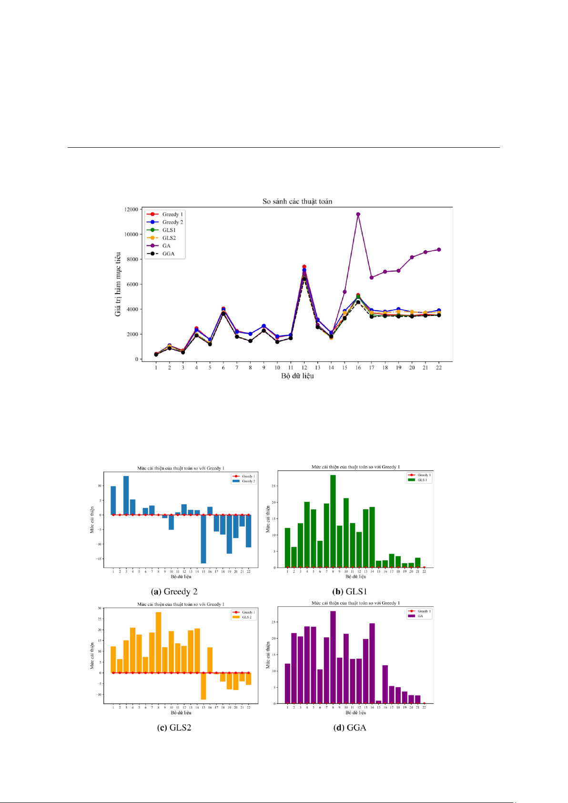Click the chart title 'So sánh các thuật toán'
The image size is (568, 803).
(297, 201)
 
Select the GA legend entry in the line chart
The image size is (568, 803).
(166, 246)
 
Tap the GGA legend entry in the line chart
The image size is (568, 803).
(168, 254)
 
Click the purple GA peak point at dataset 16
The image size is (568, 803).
(358, 214)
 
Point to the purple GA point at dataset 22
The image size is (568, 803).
(439, 250)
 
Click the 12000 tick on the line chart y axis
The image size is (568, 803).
(132, 210)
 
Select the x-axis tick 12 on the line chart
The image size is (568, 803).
(304, 367)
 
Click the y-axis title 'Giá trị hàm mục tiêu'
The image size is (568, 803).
(118, 284)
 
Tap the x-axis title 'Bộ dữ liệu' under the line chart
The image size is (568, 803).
(297, 376)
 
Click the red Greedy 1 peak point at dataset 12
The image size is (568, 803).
(304, 267)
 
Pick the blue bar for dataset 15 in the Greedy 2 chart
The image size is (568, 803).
(203, 539)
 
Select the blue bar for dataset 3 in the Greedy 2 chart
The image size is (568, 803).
(126, 495)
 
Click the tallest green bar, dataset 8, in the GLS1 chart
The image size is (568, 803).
(333, 521)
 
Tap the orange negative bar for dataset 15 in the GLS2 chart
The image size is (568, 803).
(203, 686)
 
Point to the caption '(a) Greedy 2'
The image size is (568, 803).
(174, 591)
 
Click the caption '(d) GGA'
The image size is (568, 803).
(350, 727)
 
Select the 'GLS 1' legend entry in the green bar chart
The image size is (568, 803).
(422, 480)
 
